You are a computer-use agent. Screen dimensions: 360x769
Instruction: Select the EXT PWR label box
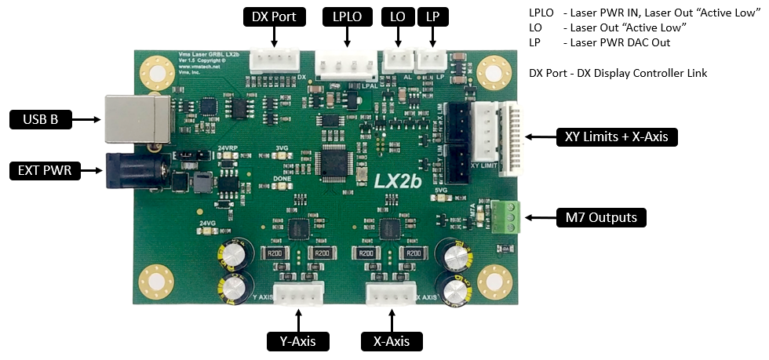[x=46, y=169]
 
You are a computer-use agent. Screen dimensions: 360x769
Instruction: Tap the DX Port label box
[x=274, y=16]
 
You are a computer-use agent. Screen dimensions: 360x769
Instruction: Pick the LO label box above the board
[x=397, y=16]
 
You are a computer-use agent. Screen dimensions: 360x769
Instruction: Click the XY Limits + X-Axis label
[x=617, y=136]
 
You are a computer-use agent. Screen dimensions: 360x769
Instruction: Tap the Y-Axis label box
[x=298, y=341]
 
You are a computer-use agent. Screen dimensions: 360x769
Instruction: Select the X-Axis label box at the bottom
[x=392, y=341]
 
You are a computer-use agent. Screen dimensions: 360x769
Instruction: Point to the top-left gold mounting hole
[x=155, y=73]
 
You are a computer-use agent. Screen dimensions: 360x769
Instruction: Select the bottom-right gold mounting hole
[x=494, y=280]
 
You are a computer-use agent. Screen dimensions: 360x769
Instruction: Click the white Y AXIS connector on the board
[x=299, y=294]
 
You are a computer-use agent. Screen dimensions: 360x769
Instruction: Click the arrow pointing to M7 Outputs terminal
[x=538, y=217]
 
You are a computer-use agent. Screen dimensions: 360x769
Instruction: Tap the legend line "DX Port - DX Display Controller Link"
[x=618, y=73]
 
